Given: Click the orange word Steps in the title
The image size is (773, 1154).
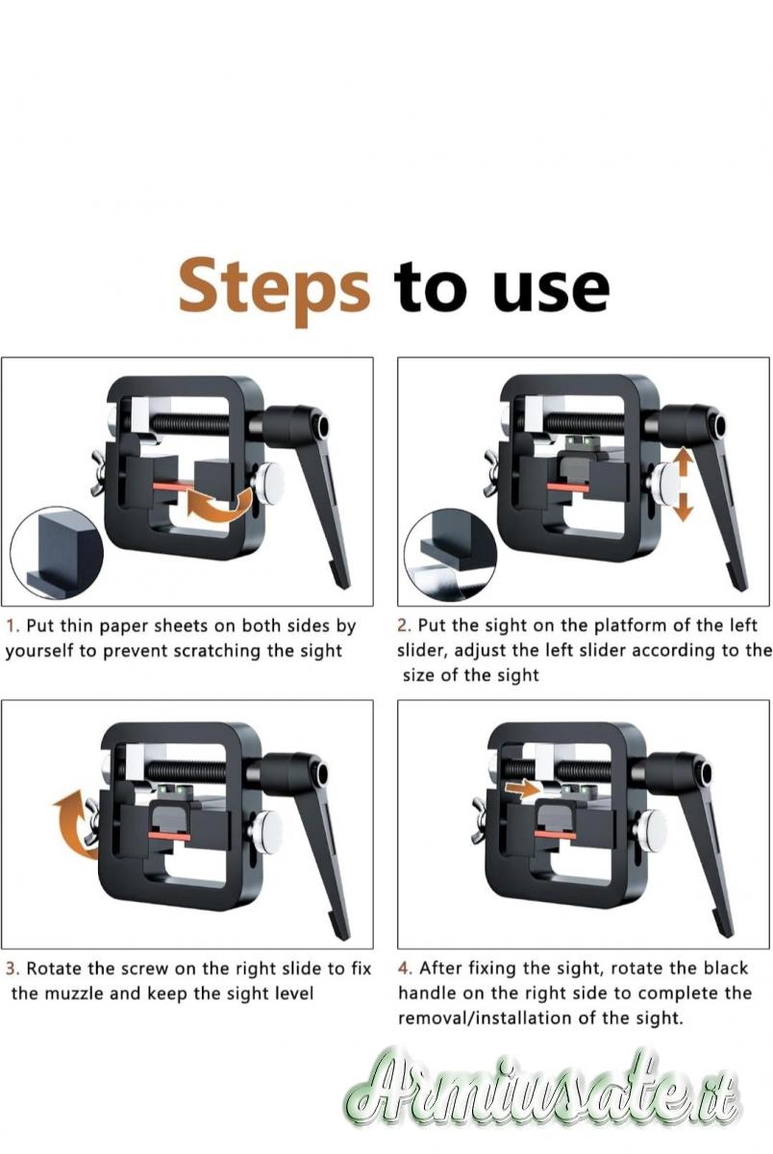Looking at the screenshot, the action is tap(274, 290).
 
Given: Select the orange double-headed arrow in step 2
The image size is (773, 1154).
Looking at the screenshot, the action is tap(684, 485).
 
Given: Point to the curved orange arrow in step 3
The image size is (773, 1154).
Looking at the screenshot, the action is tap(77, 824).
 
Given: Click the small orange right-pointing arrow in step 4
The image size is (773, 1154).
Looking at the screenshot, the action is tap(522, 789).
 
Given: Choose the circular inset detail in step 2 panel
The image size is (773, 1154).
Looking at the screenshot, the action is tap(451, 554).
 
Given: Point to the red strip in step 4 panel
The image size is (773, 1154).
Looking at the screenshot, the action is tap(555, 834).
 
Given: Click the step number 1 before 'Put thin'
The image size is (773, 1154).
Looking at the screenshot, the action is tap(12, 626).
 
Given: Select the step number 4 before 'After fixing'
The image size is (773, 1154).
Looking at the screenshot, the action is tap(405, 968).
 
